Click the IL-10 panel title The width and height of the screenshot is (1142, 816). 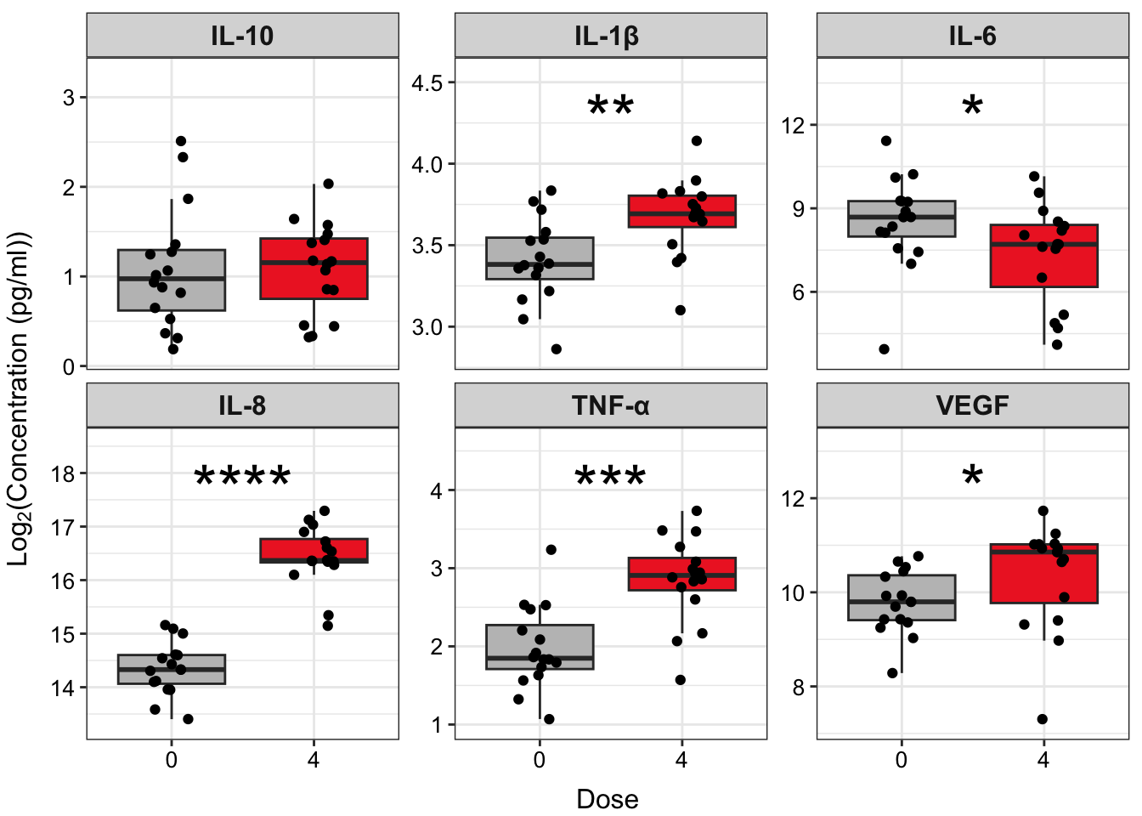[x=242, y=36]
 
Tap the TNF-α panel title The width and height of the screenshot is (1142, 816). [x=610, y=405]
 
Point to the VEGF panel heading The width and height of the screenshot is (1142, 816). [x=972, y=405]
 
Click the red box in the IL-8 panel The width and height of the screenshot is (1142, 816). [x=314, y=550]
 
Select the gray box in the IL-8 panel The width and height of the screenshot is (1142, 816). [x=172, y=669]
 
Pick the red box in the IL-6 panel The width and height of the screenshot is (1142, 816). [x=1043, y=255]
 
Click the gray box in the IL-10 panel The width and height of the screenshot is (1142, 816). [x=172, y=280]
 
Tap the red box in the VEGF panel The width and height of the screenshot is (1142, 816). [x=1043, y=574]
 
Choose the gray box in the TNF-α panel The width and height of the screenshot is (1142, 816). [x=540, y=647]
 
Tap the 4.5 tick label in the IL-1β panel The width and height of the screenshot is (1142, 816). [x=427, y=83]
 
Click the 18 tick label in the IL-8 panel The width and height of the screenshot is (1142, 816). [x=63, y=474]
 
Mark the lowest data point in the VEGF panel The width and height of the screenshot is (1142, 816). [x=1042, y=719]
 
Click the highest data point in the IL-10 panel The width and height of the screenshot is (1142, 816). [x=181, y=141]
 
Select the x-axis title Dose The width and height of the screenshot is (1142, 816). [x=607, y=799]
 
